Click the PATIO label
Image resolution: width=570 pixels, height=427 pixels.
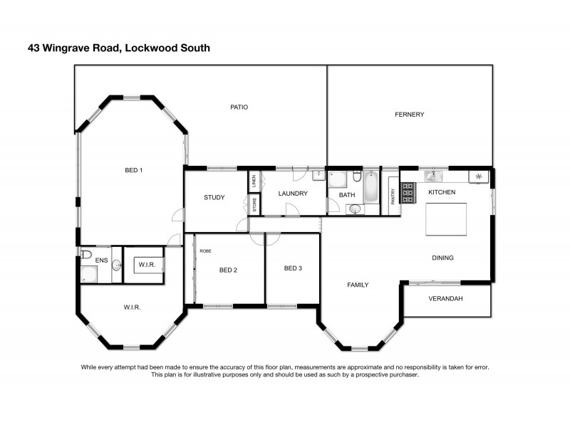coord(239,107)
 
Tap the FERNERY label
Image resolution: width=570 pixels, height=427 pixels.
coord(410,115)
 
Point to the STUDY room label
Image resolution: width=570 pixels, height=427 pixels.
coord(214,198)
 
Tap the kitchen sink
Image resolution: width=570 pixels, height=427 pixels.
coord(432,176)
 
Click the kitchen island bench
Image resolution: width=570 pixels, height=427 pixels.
coord(447,218)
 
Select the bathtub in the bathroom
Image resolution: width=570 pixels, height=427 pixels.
coord(372,187)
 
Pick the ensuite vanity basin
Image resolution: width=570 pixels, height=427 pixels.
coord(116,265)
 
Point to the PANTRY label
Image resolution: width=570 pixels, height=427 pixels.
coord(392,194)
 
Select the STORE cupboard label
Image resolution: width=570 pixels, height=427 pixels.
coord(254,204)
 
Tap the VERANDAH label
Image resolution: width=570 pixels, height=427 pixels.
coord(445,299)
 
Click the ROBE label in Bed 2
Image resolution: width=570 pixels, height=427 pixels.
coord(205,251)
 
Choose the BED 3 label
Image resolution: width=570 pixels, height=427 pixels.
coord(293,268)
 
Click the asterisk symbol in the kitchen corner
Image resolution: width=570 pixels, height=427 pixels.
coord(479,176)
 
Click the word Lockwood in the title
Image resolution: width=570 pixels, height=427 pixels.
coord(149,48)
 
